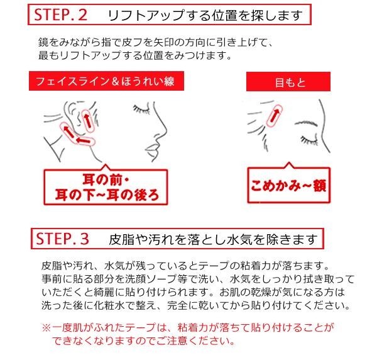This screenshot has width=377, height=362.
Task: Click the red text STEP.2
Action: (x=60, y=14)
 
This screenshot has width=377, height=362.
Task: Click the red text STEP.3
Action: (x=62, y=239)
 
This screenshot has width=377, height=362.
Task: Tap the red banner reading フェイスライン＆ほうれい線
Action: (x=106, y=81)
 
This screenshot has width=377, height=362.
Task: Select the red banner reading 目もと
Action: (x=288, y=82)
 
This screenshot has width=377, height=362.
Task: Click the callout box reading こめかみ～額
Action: (x=289, y=186)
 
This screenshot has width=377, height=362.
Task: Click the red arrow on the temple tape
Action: (x=275, y=115)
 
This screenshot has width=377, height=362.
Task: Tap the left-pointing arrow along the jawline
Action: (x=84, y=140)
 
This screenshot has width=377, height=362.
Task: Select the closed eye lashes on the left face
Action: (x=141, y=110)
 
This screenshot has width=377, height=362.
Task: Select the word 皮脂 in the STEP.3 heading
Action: (x=121, y=239)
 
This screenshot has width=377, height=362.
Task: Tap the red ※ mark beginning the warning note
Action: (x=46, y=328)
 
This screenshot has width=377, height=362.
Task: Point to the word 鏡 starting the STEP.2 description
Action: (x=43, y=42)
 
